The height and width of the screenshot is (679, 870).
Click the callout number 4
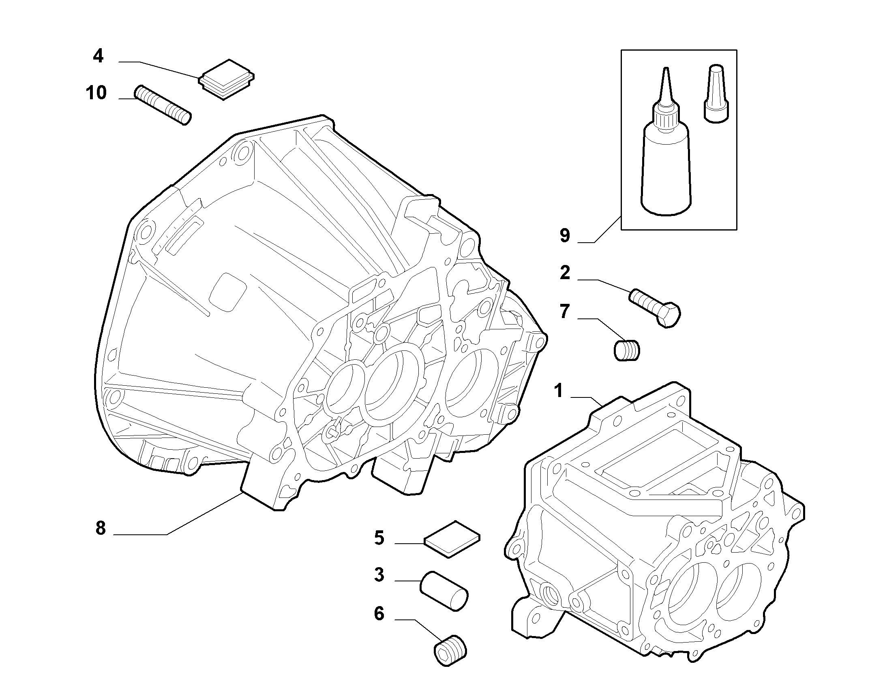(98, 56)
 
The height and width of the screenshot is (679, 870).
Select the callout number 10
(96, 93)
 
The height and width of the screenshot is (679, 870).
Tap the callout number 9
(565, 235)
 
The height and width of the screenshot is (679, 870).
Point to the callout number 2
(565, 273)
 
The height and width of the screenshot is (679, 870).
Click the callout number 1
(559, 391)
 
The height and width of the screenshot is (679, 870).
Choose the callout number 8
(100, 528)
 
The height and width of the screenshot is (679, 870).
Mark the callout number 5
(379, 538)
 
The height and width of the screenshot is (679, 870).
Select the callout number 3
(379, 574)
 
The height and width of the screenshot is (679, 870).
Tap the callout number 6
(379, 613)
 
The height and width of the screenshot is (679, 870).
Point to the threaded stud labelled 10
(163, 105)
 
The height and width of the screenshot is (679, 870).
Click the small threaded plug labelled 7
(627, 350)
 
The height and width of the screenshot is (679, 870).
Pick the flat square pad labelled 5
(452, 539)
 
